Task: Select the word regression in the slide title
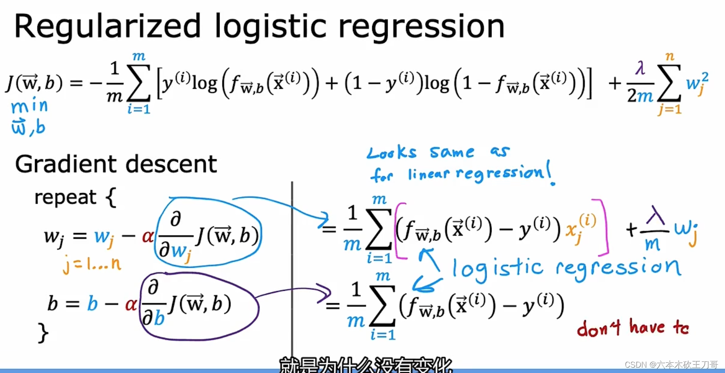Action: click(x=421, y=27)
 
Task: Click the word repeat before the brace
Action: click(x=65, y=197)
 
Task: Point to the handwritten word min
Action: click(x=29, y=106)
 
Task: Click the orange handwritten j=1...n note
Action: click(x=92, y=264)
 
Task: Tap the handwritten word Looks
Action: click(x=392, y=153)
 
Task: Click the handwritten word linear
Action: click(x=428, y=174)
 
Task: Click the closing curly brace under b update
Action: click(x=43, y=333)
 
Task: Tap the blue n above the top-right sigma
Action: click(x=670, y=56)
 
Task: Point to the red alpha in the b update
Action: click(x=131, y=304)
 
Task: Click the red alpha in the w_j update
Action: click(x=147, y=236)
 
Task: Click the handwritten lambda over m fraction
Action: click(x=654, y=230)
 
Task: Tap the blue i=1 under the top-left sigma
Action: click(x=139, y=109)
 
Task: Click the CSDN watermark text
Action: click(x=671, y=365)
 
